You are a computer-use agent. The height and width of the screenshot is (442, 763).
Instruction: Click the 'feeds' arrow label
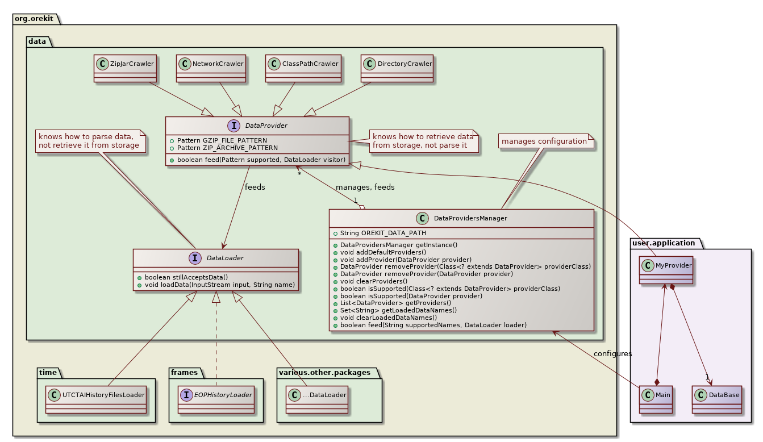pyautogui.click(x=255, y=187)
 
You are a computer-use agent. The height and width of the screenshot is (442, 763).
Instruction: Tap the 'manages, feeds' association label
pyautogui.click(x=365, y=187)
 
